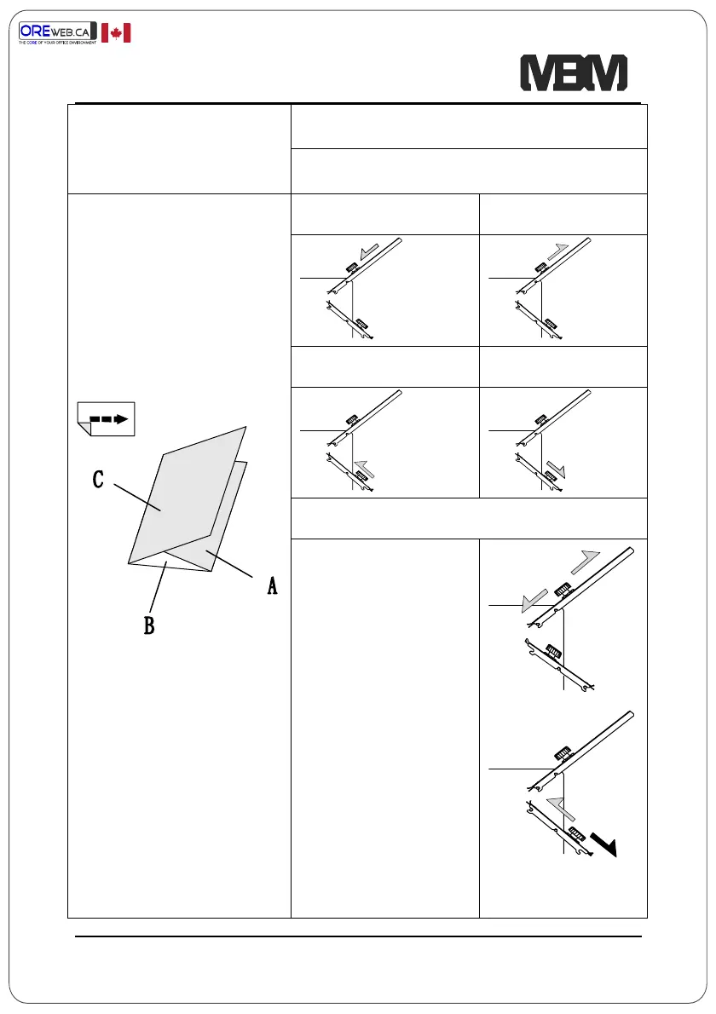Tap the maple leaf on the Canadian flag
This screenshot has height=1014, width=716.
pos(116,33)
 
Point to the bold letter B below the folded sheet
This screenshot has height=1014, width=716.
pos(148,626)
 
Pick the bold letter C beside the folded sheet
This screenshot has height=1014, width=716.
pos(98,481)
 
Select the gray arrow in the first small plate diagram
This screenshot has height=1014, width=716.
pos(371,252)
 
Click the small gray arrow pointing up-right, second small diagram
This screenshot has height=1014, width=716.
pos(557,251)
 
